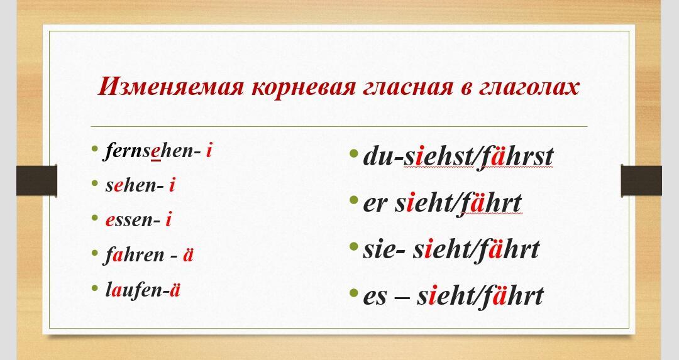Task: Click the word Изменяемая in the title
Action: pyautogui.click(x=172, y=87)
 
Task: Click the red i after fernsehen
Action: pyautogui.click(x=209, y=151)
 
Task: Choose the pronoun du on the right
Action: pyautogui.click(x=377, y=156)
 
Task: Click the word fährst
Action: pyautogui.click(x=516, y=156)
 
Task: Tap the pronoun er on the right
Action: pyautogui.click(x=375, y=204)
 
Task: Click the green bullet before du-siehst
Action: pyautogui.click(x=353, y=153)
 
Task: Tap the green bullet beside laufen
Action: pyautogui.click(x=95, y=288)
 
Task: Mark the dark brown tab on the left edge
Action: pyautogui.click(x=37, y=180)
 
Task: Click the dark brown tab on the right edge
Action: pyautogui.click(x=641, y=180)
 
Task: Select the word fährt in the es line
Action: pyautogui.click(x=511, y=297)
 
